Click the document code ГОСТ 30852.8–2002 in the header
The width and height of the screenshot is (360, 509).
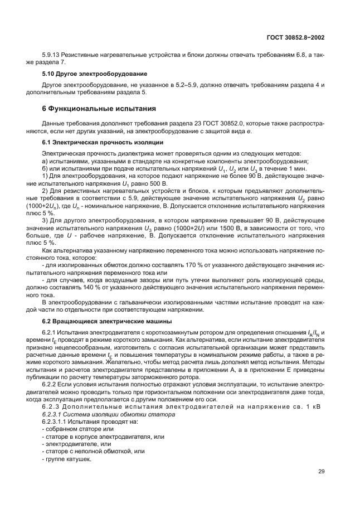pos(296,37)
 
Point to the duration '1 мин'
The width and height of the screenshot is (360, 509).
pos(294,168)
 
